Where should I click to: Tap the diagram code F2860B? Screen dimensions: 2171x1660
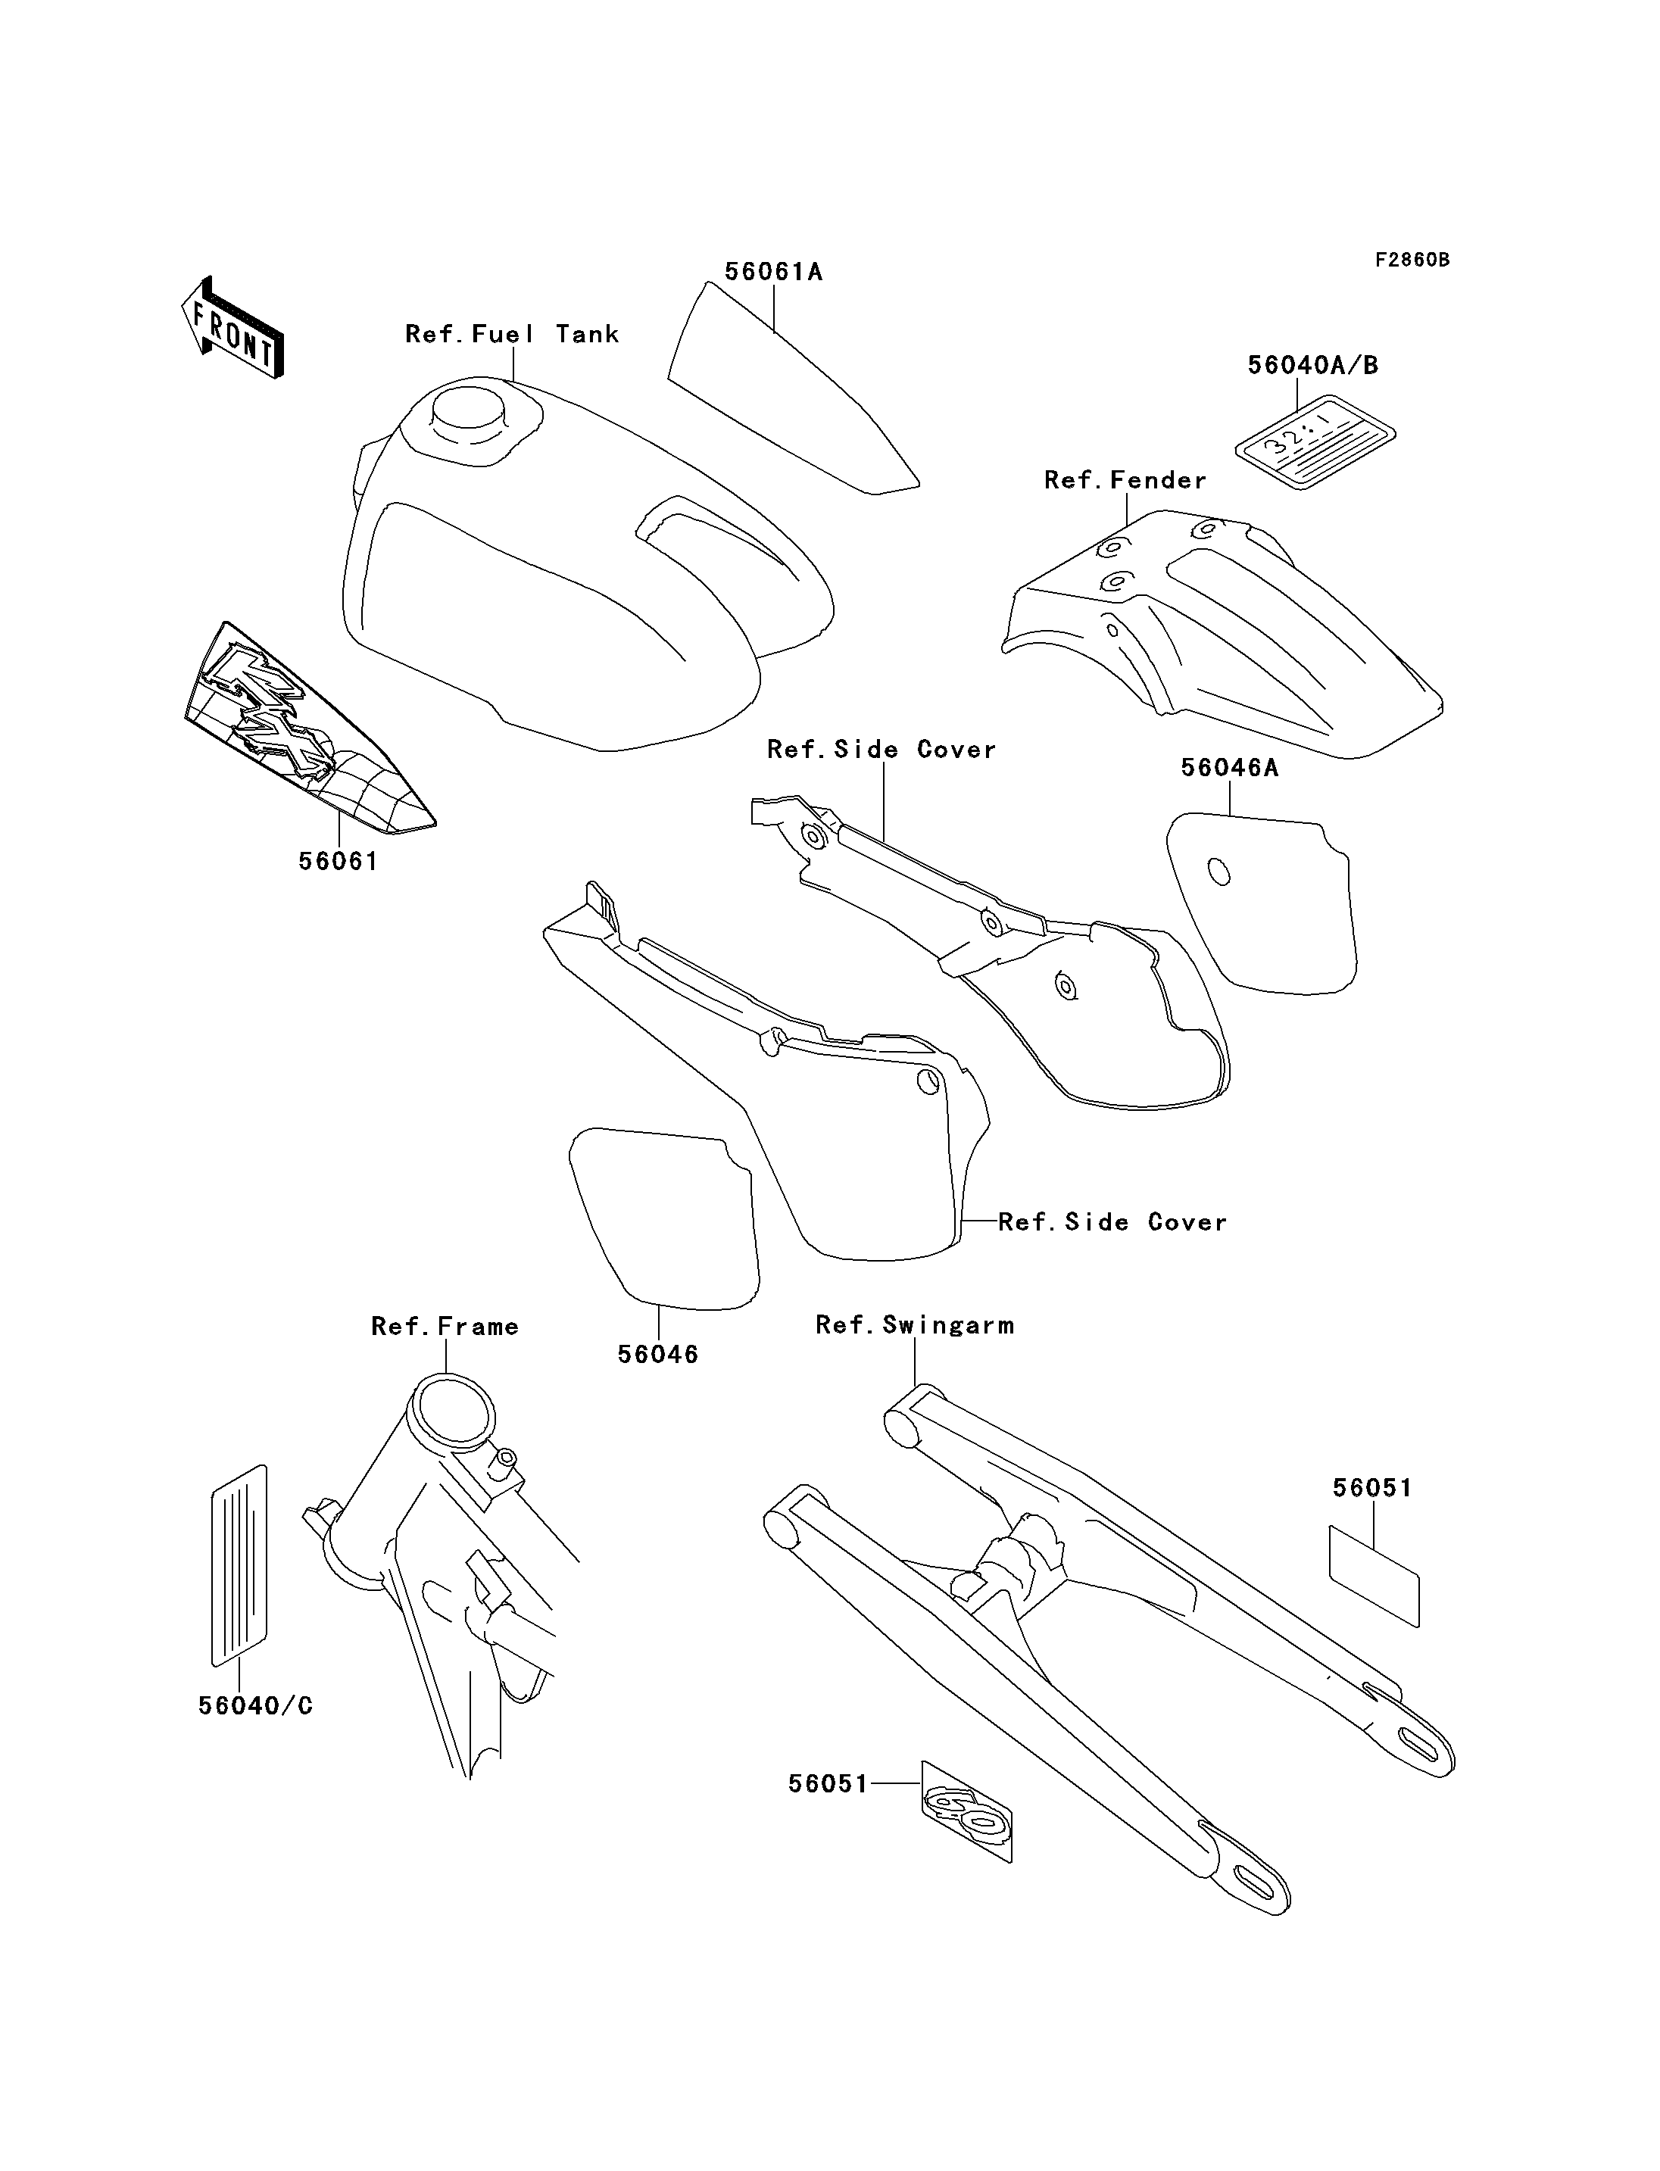coord(1412,260)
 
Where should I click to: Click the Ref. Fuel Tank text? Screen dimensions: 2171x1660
coord(512,334)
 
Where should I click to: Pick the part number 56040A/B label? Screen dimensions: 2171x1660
coord(1312,365)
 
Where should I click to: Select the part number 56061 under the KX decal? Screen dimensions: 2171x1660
coord(338,862)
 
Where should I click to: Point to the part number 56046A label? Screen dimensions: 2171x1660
coord(1229,768)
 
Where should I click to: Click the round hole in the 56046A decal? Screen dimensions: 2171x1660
coord(1220,872)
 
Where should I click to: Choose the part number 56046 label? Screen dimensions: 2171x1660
coord(657,1355)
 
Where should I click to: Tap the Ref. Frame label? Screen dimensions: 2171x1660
coord(445,1326)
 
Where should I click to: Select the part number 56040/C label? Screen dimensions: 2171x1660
coord(255,1707)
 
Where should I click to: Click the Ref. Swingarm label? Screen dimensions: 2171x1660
coord(914,1325)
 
